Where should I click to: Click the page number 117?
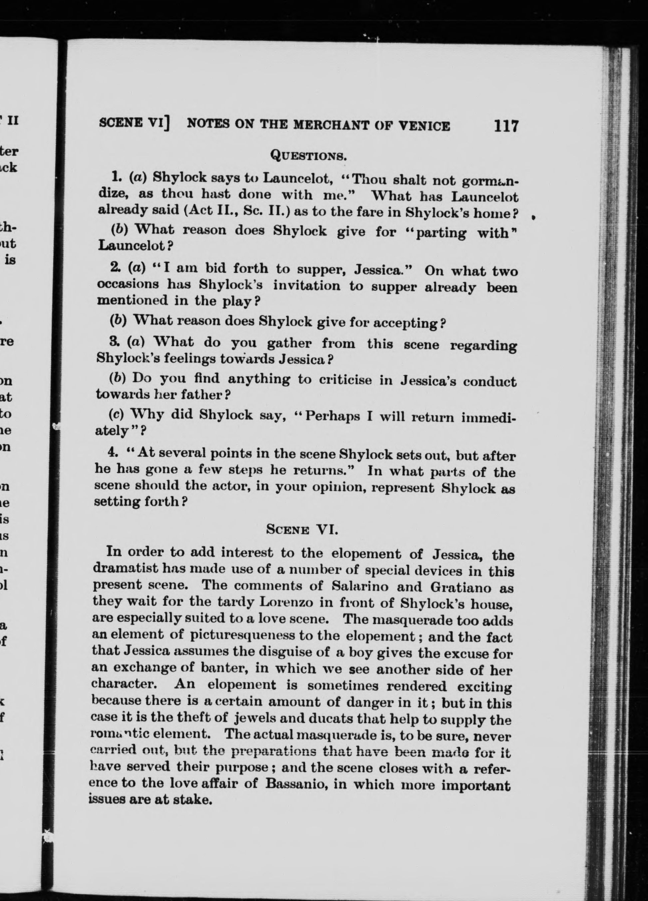[x=506, y=126]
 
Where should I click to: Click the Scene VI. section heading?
[x=302, y=529]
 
